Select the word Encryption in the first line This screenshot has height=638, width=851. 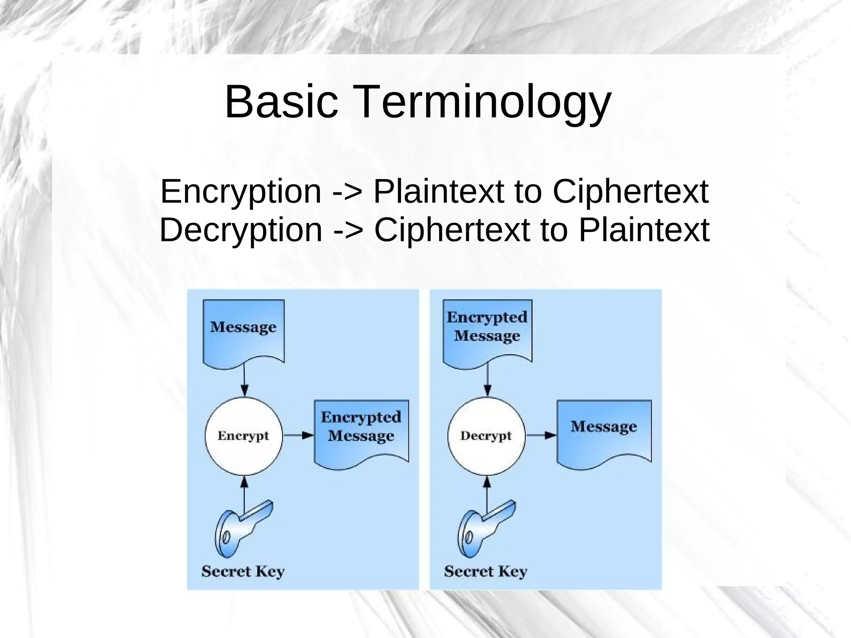(241, 192)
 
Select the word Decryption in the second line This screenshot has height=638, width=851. (241, 230)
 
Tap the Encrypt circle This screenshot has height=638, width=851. (243, 436)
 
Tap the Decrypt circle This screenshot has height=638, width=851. (486, 436)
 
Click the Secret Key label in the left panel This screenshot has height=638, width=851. (243, 571)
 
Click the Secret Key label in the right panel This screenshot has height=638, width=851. (486, 571)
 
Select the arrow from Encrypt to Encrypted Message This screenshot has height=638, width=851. (298, 436)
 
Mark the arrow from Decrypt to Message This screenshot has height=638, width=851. (541, 436)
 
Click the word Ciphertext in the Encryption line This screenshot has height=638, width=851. (630, 192)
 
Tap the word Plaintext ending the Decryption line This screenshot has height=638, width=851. (644, 230)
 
